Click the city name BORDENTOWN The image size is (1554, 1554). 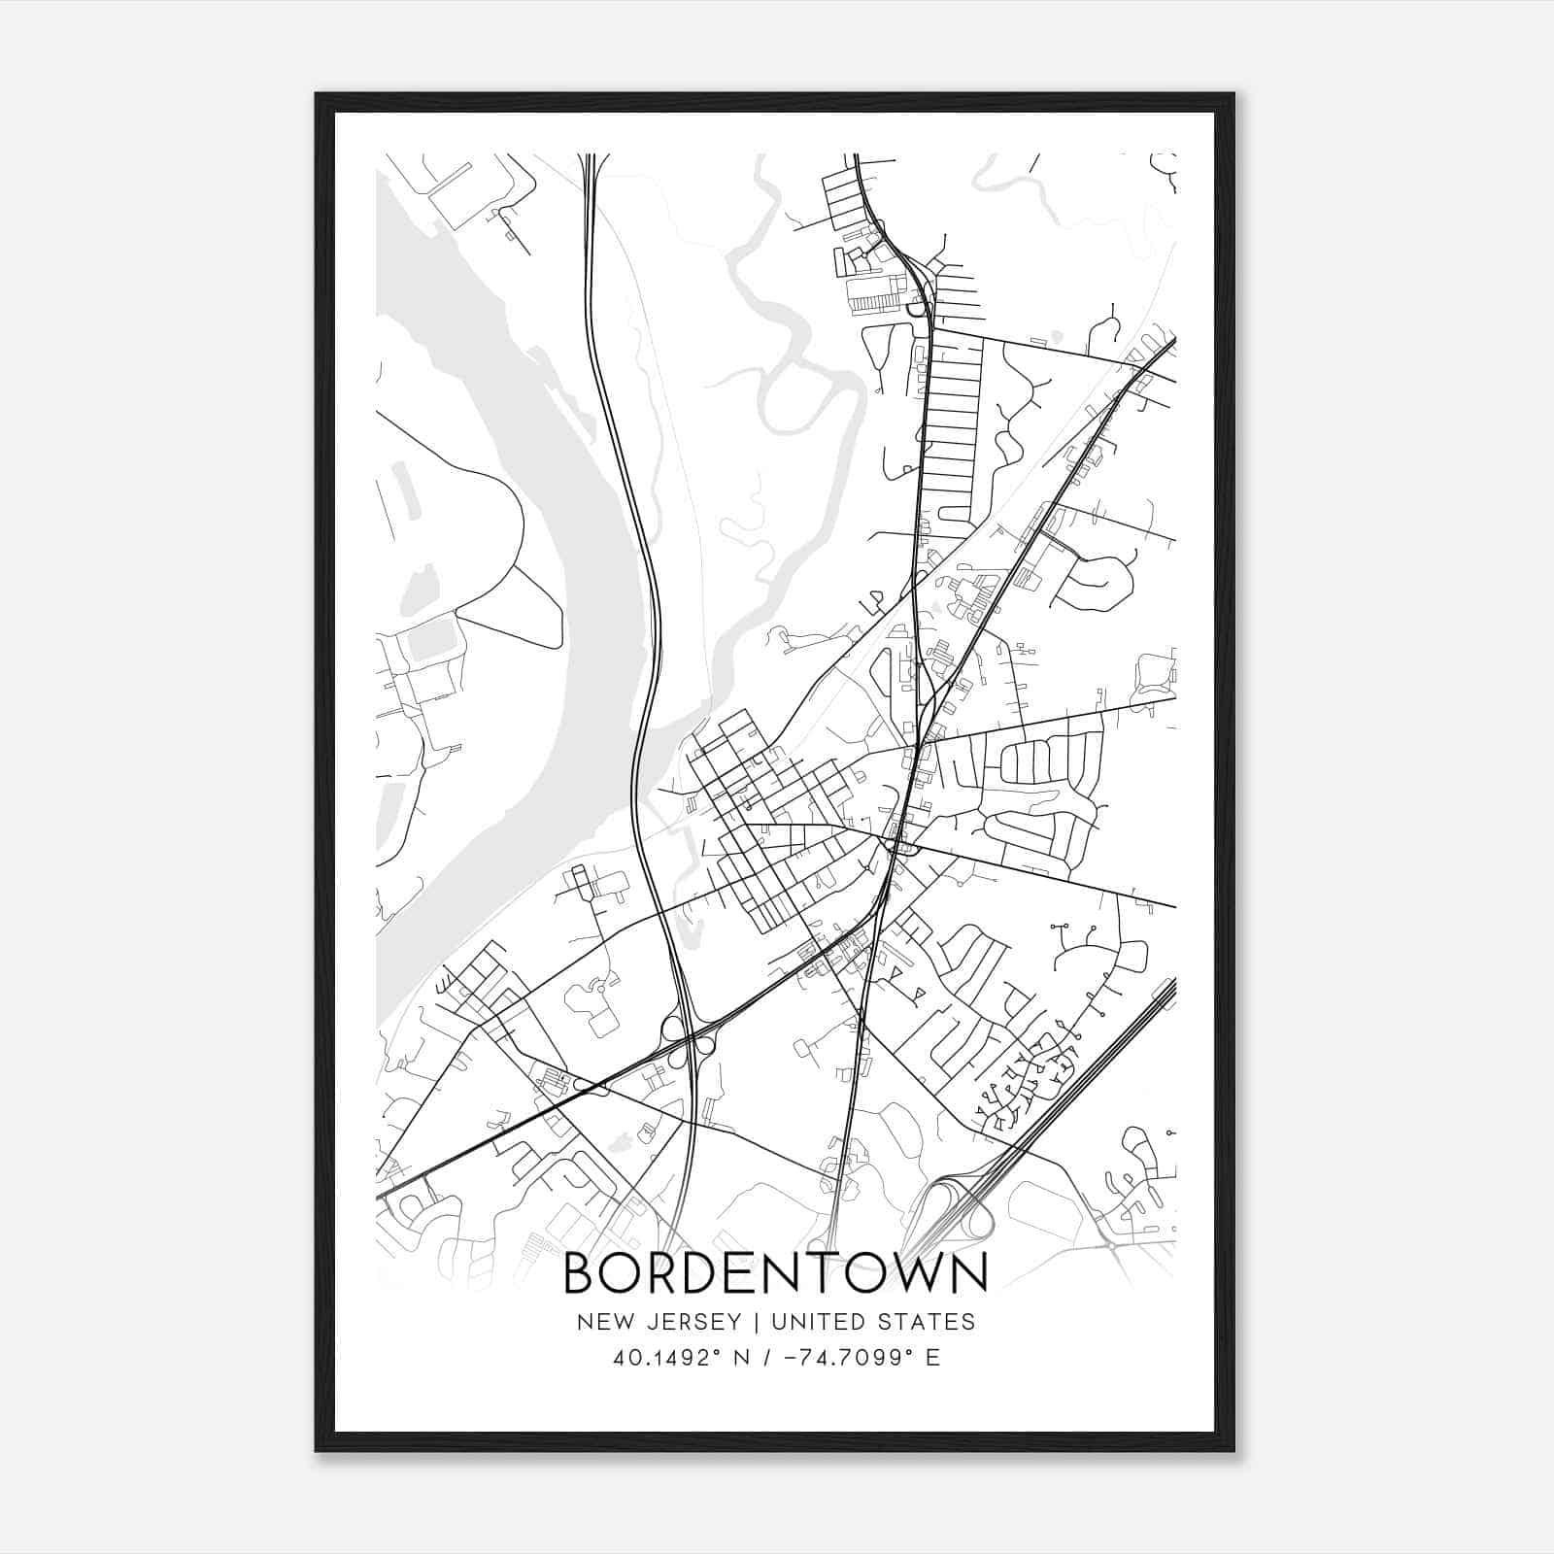pyautogui.click(x=776, y=1272)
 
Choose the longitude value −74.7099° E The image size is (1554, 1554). pyautogui.click(x=851, y=1358)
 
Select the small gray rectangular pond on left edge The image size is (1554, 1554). pyautogui.click(x=431, y=638)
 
